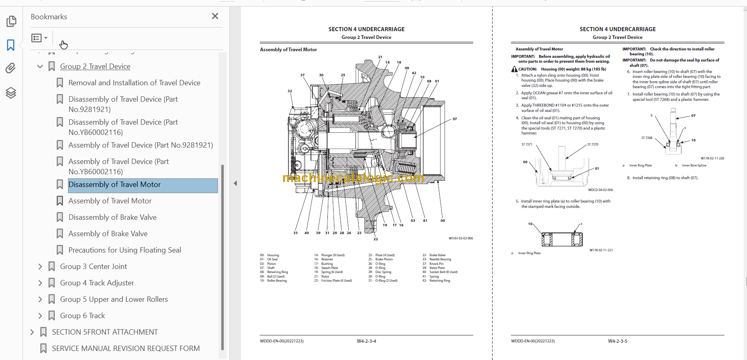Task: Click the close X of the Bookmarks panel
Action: (215, 16)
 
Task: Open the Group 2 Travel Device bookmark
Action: (95, 66)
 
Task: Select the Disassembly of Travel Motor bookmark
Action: (114, 185)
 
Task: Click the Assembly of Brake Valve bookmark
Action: (108, 234)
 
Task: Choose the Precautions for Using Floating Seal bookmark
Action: (125, 250)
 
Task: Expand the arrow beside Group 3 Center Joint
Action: (40, 267)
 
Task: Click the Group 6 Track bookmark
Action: (82, 316)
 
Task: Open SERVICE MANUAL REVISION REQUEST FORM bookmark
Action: (126, 349)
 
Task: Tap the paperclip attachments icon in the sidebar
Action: (11, 68)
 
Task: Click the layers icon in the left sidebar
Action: (11, 93)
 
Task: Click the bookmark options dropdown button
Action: (40, 38)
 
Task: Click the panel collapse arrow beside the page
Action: (235, 183)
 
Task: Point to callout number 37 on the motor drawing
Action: (302, 75)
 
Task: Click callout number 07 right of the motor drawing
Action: (454, 119)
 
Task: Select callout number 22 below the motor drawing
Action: (376, 239)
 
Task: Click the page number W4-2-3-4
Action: (366, 341)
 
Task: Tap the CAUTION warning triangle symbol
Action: (514, 69)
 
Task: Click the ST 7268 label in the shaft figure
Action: (647, 138)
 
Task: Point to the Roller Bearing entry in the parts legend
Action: (277, 281)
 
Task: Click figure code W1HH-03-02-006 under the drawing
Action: (461, 238)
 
